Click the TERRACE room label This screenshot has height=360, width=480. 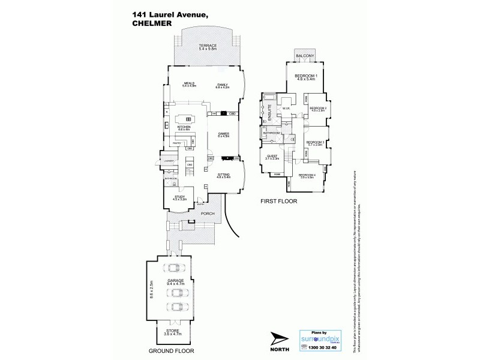click(x=208, y=46)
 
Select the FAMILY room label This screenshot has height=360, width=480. click(x=224, y=85)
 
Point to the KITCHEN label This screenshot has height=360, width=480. click(x=184, y=127)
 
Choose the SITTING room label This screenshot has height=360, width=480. click(x=224, y=174)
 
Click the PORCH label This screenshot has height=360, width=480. click(x=208, y=214)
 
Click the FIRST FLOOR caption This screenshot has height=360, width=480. click(x=278, y=202)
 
